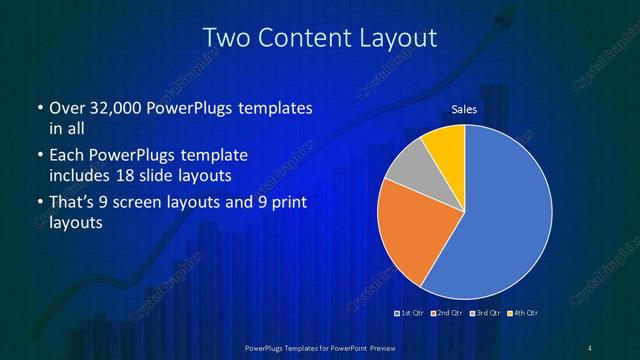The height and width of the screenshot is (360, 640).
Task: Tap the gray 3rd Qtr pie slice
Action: click(405, 170)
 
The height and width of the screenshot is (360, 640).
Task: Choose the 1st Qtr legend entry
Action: click(411, 314)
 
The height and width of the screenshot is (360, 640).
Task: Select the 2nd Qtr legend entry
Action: click(447, 314)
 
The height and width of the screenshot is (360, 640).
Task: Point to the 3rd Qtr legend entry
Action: click(484, 314)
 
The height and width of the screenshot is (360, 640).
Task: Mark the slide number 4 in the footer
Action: click(590, 347)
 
